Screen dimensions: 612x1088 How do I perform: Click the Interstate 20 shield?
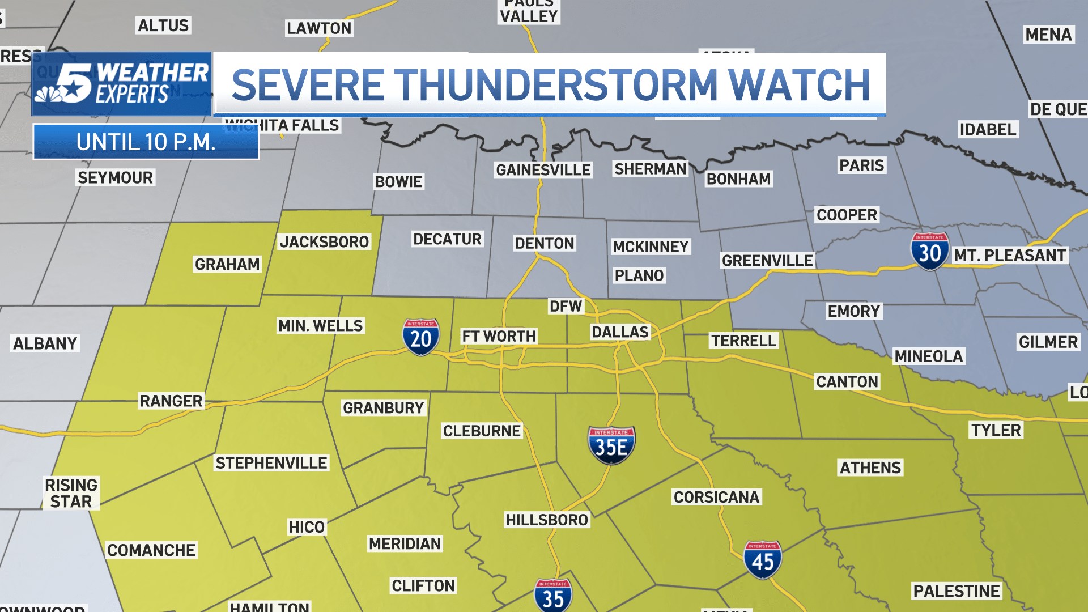click(x=421, y=337)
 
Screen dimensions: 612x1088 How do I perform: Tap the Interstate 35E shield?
click(x=611, y=445)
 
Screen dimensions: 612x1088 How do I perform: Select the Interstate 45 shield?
click(x=763, y=559)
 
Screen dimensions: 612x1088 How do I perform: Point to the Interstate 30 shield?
click(x=930, y=251)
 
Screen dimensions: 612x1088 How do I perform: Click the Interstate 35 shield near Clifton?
click(x=553, y=596)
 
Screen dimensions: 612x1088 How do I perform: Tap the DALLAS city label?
click(x=620, y=332)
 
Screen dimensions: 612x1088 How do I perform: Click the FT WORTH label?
click(x=499, y=336)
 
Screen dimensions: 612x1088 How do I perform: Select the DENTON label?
click(x=545, y=243)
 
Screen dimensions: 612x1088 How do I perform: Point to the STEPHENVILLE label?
click(x=271, y=463)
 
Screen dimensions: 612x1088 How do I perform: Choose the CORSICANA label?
click(x=716, y=497)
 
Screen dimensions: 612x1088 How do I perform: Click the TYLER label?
click(x=996, y=430)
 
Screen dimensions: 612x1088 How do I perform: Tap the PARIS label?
click(x=861, y=165)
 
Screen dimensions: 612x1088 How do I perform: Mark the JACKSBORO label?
click(x=324, y=242)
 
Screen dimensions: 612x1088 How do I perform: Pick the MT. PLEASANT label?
click(x=1010, y=256)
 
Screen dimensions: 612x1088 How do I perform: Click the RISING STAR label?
click(x=71, y=493)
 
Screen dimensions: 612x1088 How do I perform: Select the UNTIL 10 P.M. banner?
click(x=146, y=142)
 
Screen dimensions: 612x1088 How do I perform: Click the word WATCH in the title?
click(x=799, y=85)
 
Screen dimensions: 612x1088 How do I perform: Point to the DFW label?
click(x=566, y=306)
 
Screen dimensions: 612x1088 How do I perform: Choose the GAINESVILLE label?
click(x=543, y=170)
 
